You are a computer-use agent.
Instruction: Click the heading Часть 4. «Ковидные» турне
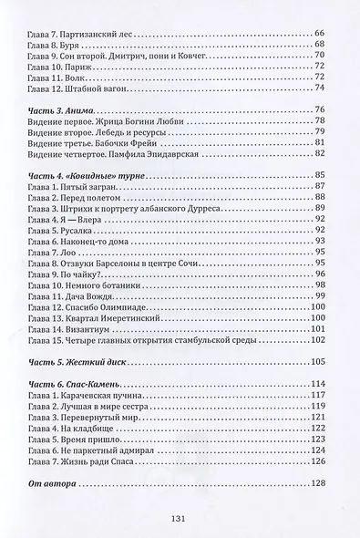[x=86, y=173]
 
